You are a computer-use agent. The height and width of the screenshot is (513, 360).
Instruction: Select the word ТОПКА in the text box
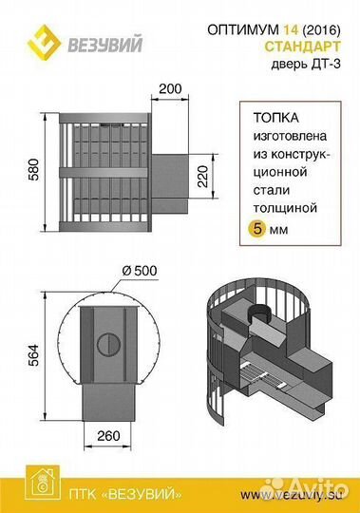(x=275, y=120)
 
